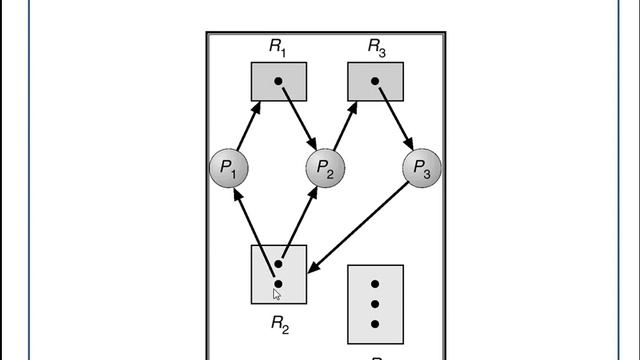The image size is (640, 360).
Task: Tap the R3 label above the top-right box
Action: click(x=376, y=47)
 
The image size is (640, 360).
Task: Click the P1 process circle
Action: click(x=228, y=169)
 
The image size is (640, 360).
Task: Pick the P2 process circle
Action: click(x=326, y=169)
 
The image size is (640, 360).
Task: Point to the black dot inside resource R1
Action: click(x=278, y=80)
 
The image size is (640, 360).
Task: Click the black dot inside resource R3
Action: click(x=375, y=80)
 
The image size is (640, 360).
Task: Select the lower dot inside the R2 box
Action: click(x=278, y=284)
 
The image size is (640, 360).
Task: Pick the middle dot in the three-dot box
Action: click(x=375, y=304)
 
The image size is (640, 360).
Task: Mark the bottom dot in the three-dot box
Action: click(x=375, y=323)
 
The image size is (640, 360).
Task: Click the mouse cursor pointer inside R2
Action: click(x=278, y=294)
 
